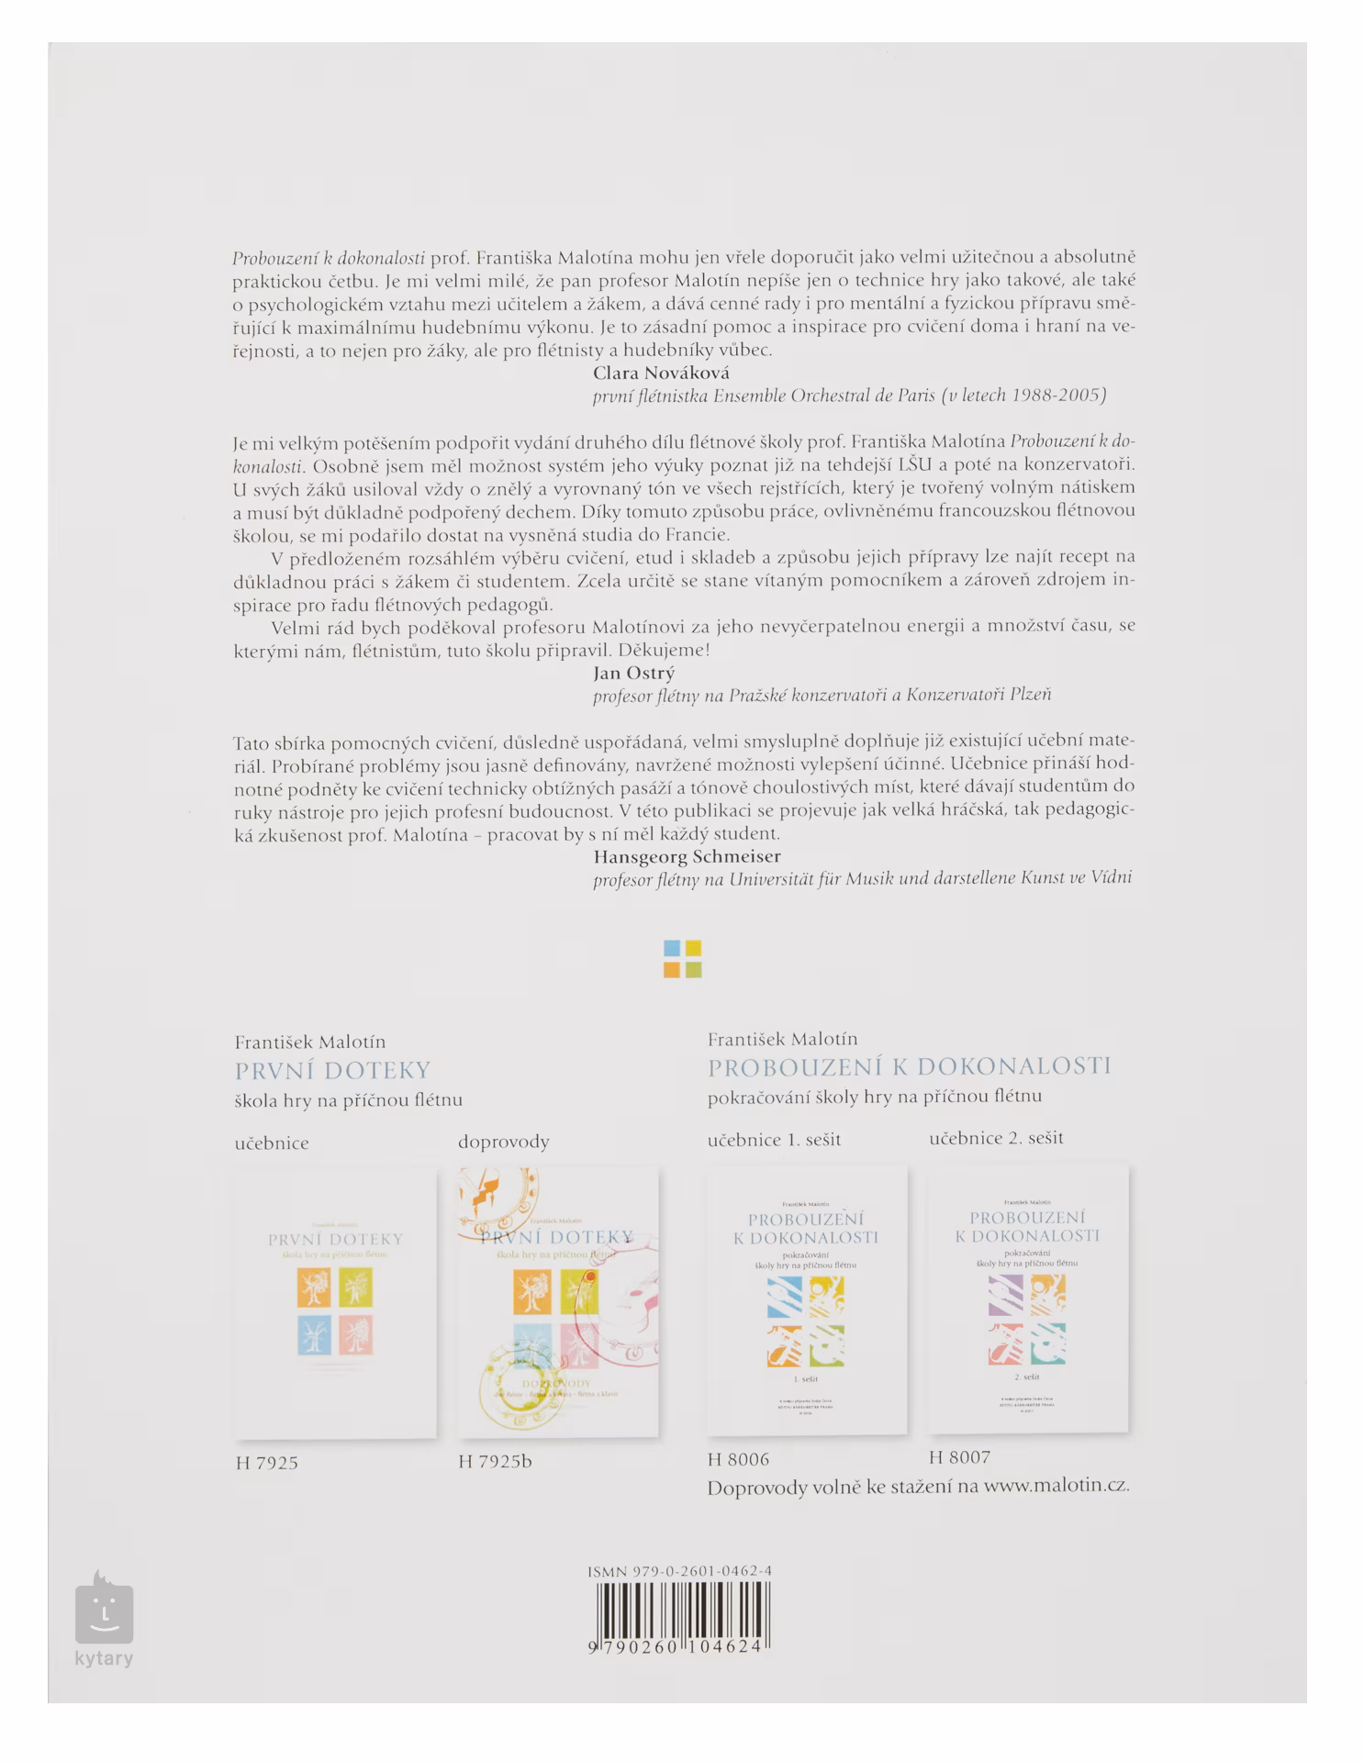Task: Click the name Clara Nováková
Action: point(661,373)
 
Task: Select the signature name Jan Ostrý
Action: point(633,673)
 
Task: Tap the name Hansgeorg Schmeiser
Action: point(687,856)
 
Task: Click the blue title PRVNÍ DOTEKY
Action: point(332,1070)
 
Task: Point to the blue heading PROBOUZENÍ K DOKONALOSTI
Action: point(909,1066)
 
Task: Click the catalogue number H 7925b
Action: point(495,1461)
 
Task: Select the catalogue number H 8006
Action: point(738,1459)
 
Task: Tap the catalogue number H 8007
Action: point(959,1456)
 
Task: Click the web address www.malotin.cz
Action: point(1056,1486)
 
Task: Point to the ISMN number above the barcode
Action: point(679,1571)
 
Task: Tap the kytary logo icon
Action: point(104,1609)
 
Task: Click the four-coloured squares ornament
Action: point(682,959)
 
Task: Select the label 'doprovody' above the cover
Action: point(503,1142)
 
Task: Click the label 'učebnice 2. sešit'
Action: point(996,1138)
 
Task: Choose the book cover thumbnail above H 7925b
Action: point(558,1301)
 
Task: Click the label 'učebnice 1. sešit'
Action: point(774,1140)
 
